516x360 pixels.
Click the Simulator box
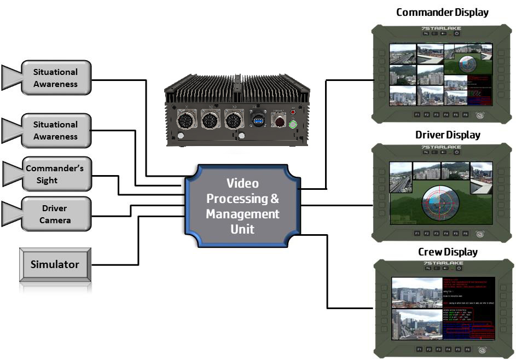[x=54, y=265]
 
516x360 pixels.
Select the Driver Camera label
[x=55, y=214]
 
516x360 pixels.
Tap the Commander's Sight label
[x=55, y=175]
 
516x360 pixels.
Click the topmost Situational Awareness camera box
[x=55, y=78]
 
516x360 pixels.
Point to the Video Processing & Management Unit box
[x=242, y=206]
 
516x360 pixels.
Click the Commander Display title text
[x=442, y=11]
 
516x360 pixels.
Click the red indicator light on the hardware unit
[x=293, y=112]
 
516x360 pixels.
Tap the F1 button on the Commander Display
[x=417, y=115]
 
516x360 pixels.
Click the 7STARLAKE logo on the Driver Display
[x=442, y=148]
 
